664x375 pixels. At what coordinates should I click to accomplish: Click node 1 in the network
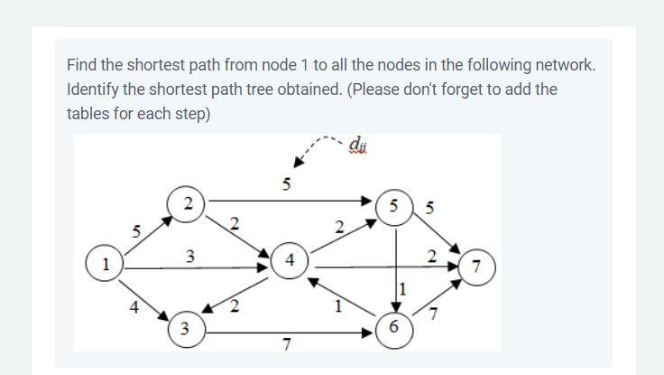pos(106,267)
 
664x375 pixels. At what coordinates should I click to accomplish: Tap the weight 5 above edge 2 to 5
pos(286,185)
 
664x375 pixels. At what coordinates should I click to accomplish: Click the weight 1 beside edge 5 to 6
pos(404,290)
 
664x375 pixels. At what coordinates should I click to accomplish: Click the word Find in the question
pos(82,66)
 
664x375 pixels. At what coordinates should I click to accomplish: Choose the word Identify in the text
pos(95,90)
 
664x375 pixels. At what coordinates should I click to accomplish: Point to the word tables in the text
pos(88,114)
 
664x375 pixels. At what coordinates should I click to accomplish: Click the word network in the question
pos(563,66)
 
